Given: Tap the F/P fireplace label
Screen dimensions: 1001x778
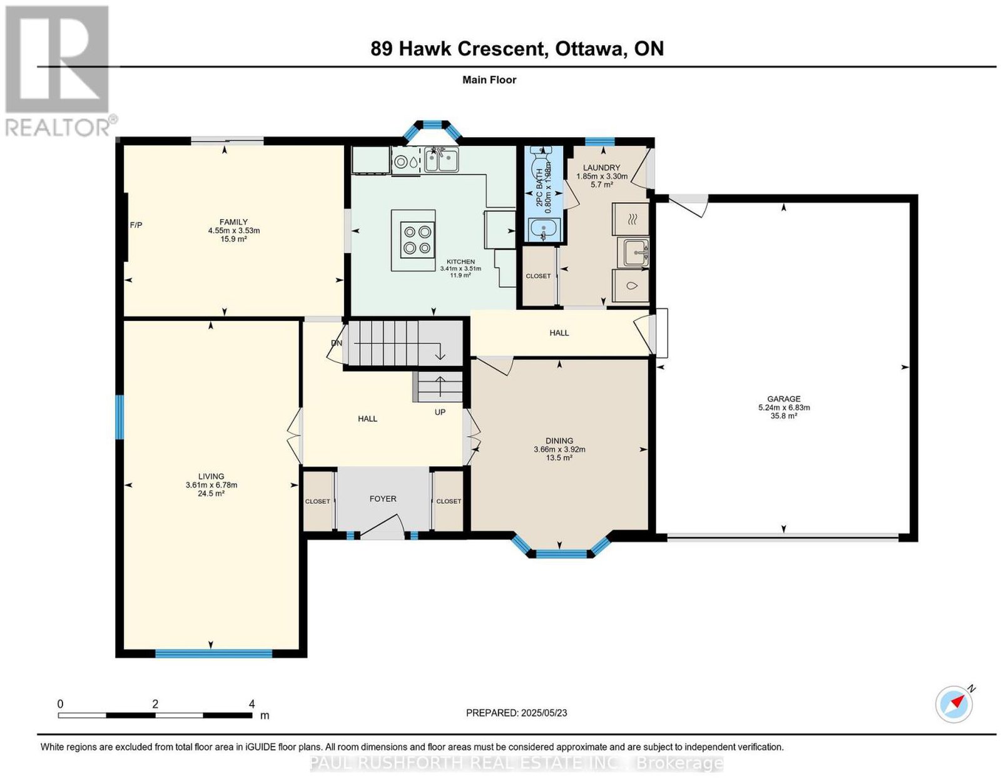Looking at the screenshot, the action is (x=136, y=225).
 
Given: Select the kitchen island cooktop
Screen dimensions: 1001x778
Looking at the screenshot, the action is (x=417, y=239).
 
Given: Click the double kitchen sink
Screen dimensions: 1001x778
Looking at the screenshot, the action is (x=441, y=160).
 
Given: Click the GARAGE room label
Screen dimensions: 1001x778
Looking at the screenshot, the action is (x=783, y=399).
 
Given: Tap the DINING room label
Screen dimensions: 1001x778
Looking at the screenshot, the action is (x=559, y=441).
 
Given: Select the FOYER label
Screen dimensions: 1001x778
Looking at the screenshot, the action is (x=383, y=499).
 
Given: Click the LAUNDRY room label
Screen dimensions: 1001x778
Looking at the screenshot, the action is (x=601, y=168).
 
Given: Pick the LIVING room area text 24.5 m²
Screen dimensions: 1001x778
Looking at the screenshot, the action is (x=211, y=493).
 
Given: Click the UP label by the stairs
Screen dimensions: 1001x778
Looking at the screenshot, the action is (x=440, y=412).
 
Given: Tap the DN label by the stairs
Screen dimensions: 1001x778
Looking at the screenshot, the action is (x=337, y=343).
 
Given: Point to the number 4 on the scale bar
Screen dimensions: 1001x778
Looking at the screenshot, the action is (x=252, y=704).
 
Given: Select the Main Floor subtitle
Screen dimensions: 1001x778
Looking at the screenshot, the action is (x=489, y=79).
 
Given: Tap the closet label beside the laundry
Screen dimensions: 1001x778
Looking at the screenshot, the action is (x=538, y=276).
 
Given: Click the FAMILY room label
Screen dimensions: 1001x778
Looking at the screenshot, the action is (x=233, y=222).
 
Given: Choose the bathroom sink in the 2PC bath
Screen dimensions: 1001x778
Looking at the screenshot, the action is (x=544, y=228).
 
